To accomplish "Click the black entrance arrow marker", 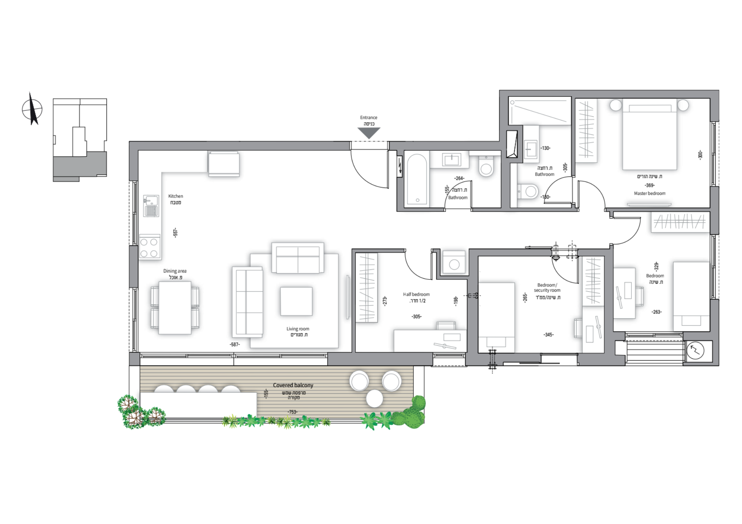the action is (369, 132).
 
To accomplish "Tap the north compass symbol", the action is (32, 109).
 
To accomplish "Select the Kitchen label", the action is (175, 196).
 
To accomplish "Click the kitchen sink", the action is (151, 206).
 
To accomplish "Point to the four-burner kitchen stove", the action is (150, 247).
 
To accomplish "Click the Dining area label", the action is (175, 271).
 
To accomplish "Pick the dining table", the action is (175, 308).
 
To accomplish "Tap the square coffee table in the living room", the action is (296, 301).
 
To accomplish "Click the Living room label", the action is (298, 329).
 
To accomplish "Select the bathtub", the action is (417, 180).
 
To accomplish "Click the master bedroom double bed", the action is (650, 134).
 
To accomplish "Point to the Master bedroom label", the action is (650, 193).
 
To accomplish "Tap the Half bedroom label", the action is (416, 294).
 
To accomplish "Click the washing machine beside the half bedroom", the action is (454, 263).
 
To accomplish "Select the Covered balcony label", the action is (293, 385).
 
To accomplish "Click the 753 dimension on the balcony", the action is (292, 412).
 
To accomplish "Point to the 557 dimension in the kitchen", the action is (175, 233).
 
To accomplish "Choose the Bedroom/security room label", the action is (547, 288).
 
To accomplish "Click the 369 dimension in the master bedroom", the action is (650, 185).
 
